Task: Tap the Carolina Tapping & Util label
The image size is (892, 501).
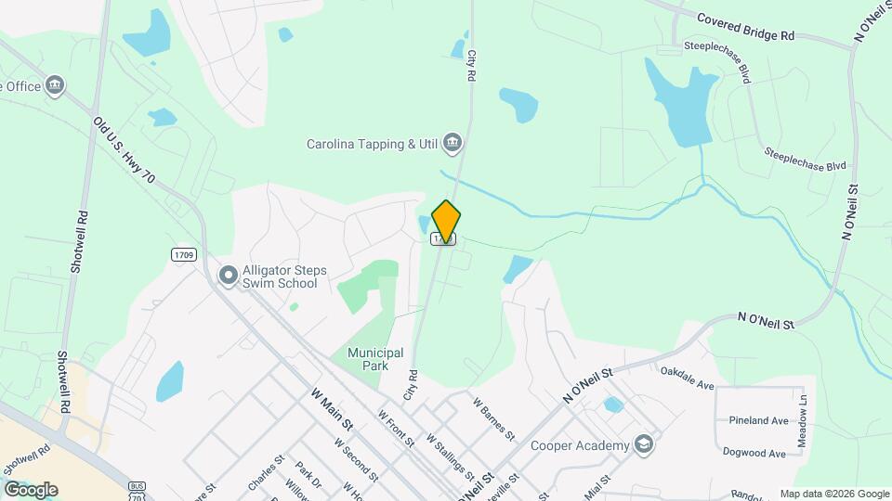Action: (x=374, y=144)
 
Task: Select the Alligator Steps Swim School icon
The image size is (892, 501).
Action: (x=228, y=276)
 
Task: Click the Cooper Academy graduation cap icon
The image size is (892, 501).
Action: (x=643, y=445)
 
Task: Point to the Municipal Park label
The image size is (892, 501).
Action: (x=375, y=359)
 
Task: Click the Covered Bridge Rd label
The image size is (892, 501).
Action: (x=746, y=26)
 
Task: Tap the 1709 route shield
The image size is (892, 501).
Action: (x=184, y=253)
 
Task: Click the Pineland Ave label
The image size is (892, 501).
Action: (x=758, y=420)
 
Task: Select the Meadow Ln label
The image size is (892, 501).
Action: (x=803, y=408)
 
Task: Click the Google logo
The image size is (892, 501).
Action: (x=31, y=489)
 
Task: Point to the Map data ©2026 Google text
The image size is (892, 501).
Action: (x=833, y=494)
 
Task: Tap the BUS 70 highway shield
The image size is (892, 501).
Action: (x=138, y=490)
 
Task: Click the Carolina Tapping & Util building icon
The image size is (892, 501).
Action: (x=453, y=143)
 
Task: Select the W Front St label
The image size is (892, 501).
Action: (x=396, y=428)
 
